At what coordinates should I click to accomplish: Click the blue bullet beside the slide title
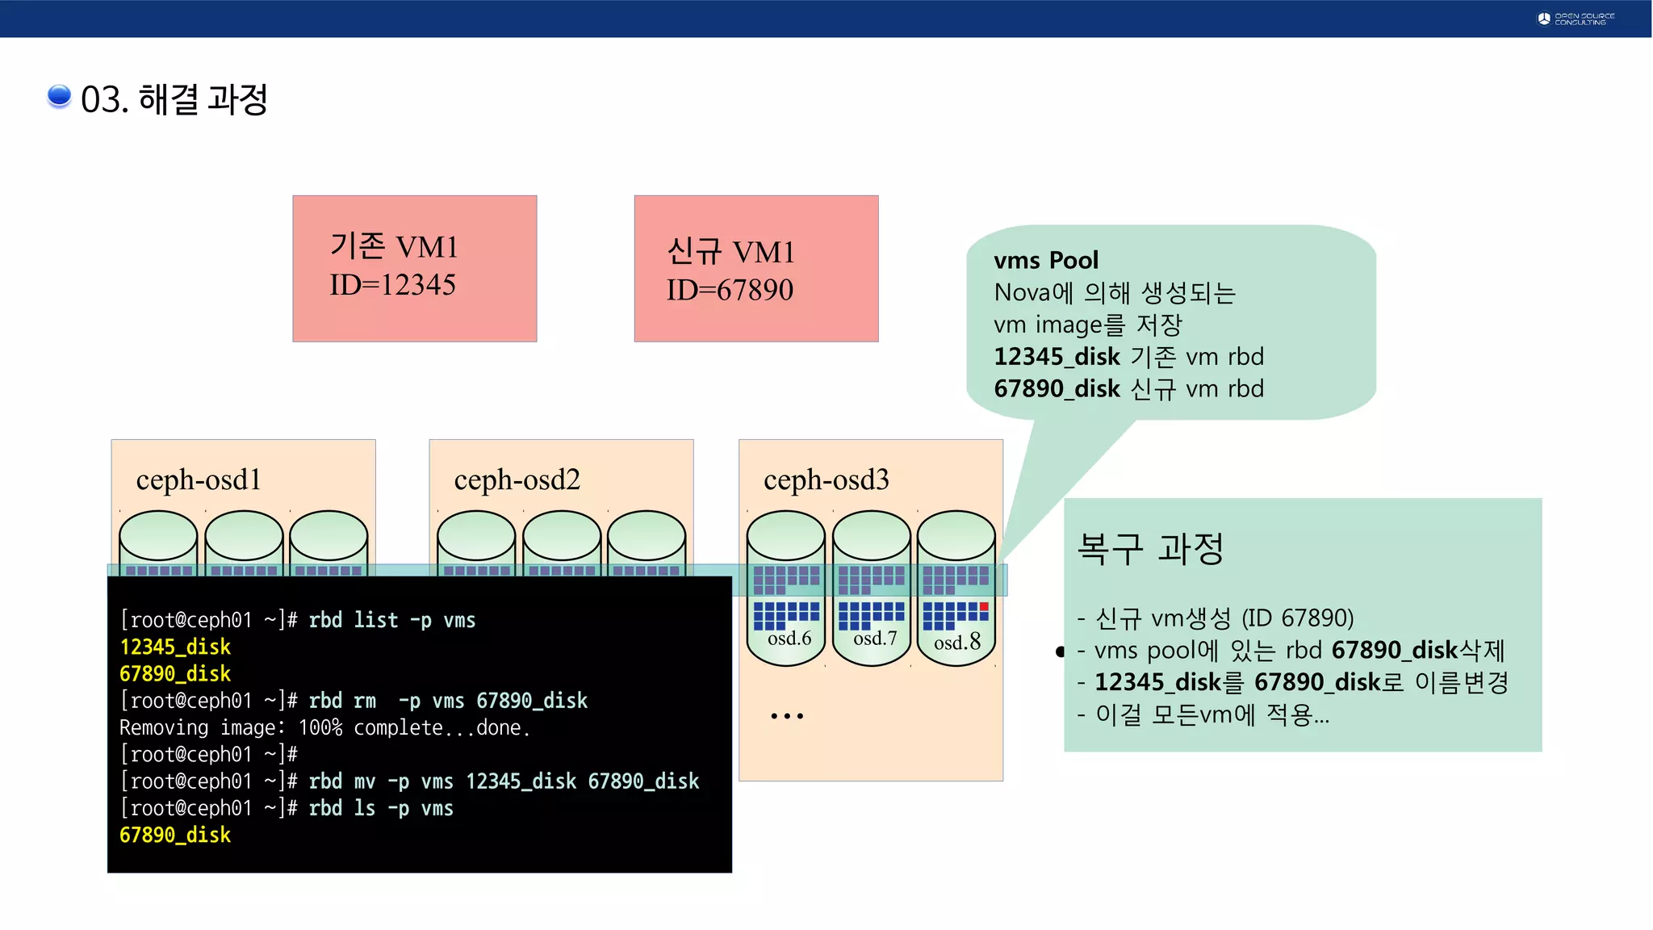coord(59,96)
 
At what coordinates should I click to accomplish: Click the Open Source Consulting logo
coord(1576,19)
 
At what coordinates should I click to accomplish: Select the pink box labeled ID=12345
coord(414,268)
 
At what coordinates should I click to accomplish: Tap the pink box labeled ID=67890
coord(755,268)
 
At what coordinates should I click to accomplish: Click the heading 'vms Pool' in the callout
coord(1046,260)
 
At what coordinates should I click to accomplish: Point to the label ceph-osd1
coord(199,480)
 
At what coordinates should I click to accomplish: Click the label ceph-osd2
coord(517,480)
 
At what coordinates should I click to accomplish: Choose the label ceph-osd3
coord(826,480)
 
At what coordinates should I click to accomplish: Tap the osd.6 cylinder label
coord(789,639)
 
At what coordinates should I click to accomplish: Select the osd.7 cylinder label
coord(875,639)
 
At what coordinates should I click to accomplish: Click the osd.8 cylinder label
coord(957,642)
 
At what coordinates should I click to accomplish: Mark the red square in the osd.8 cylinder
coord(984,606)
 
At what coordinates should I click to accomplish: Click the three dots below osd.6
coord(786,716)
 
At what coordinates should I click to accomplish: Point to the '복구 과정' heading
coord(1150,549)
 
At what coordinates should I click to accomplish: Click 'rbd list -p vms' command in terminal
coord(391,620)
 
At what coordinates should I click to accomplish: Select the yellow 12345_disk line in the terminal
coord(175,647)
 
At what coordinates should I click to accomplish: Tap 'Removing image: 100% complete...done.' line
coord(324,728)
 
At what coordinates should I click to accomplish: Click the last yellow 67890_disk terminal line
coord(175,836)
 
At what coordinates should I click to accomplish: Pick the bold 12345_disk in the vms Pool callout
coord(1057,357)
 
